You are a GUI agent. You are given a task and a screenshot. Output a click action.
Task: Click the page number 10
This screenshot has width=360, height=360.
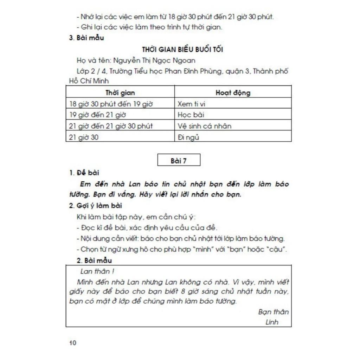click(72, 343)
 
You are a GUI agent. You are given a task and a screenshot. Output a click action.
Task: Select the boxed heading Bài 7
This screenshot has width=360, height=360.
click(179, 161)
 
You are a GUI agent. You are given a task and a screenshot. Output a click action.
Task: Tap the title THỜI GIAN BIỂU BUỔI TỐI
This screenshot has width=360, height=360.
click(182, 49)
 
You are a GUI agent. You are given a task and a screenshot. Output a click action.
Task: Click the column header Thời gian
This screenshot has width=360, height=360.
click(120, 93)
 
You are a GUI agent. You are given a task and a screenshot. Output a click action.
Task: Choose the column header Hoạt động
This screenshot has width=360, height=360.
click(233, 93)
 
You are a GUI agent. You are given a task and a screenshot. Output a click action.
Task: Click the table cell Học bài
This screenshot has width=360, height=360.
click(191, 115)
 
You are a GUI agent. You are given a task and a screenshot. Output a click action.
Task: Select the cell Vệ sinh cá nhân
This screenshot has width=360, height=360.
click(204, 126)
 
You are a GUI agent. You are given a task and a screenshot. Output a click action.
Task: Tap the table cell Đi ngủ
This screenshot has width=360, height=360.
click(188, 137)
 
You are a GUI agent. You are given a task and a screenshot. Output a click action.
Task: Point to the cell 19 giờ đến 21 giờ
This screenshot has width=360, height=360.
click(98, 115)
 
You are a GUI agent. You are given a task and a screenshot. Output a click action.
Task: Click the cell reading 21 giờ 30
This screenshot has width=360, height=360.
click(84, 137)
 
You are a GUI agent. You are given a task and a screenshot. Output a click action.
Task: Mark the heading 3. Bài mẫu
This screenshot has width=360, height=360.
click(86, 38)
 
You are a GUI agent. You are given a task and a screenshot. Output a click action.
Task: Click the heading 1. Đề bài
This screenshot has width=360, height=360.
click(84, 173)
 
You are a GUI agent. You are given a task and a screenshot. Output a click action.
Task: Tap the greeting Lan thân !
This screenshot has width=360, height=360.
click(97, 271)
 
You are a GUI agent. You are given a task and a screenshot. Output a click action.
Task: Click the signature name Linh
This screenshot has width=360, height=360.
click(272, 322)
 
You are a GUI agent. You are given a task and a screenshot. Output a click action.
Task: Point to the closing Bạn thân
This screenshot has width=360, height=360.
click(273, 312)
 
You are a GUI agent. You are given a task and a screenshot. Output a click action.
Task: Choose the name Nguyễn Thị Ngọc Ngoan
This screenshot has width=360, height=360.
click(154, 60)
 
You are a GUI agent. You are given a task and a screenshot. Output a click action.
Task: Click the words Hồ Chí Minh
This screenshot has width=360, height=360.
click(89, 81)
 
